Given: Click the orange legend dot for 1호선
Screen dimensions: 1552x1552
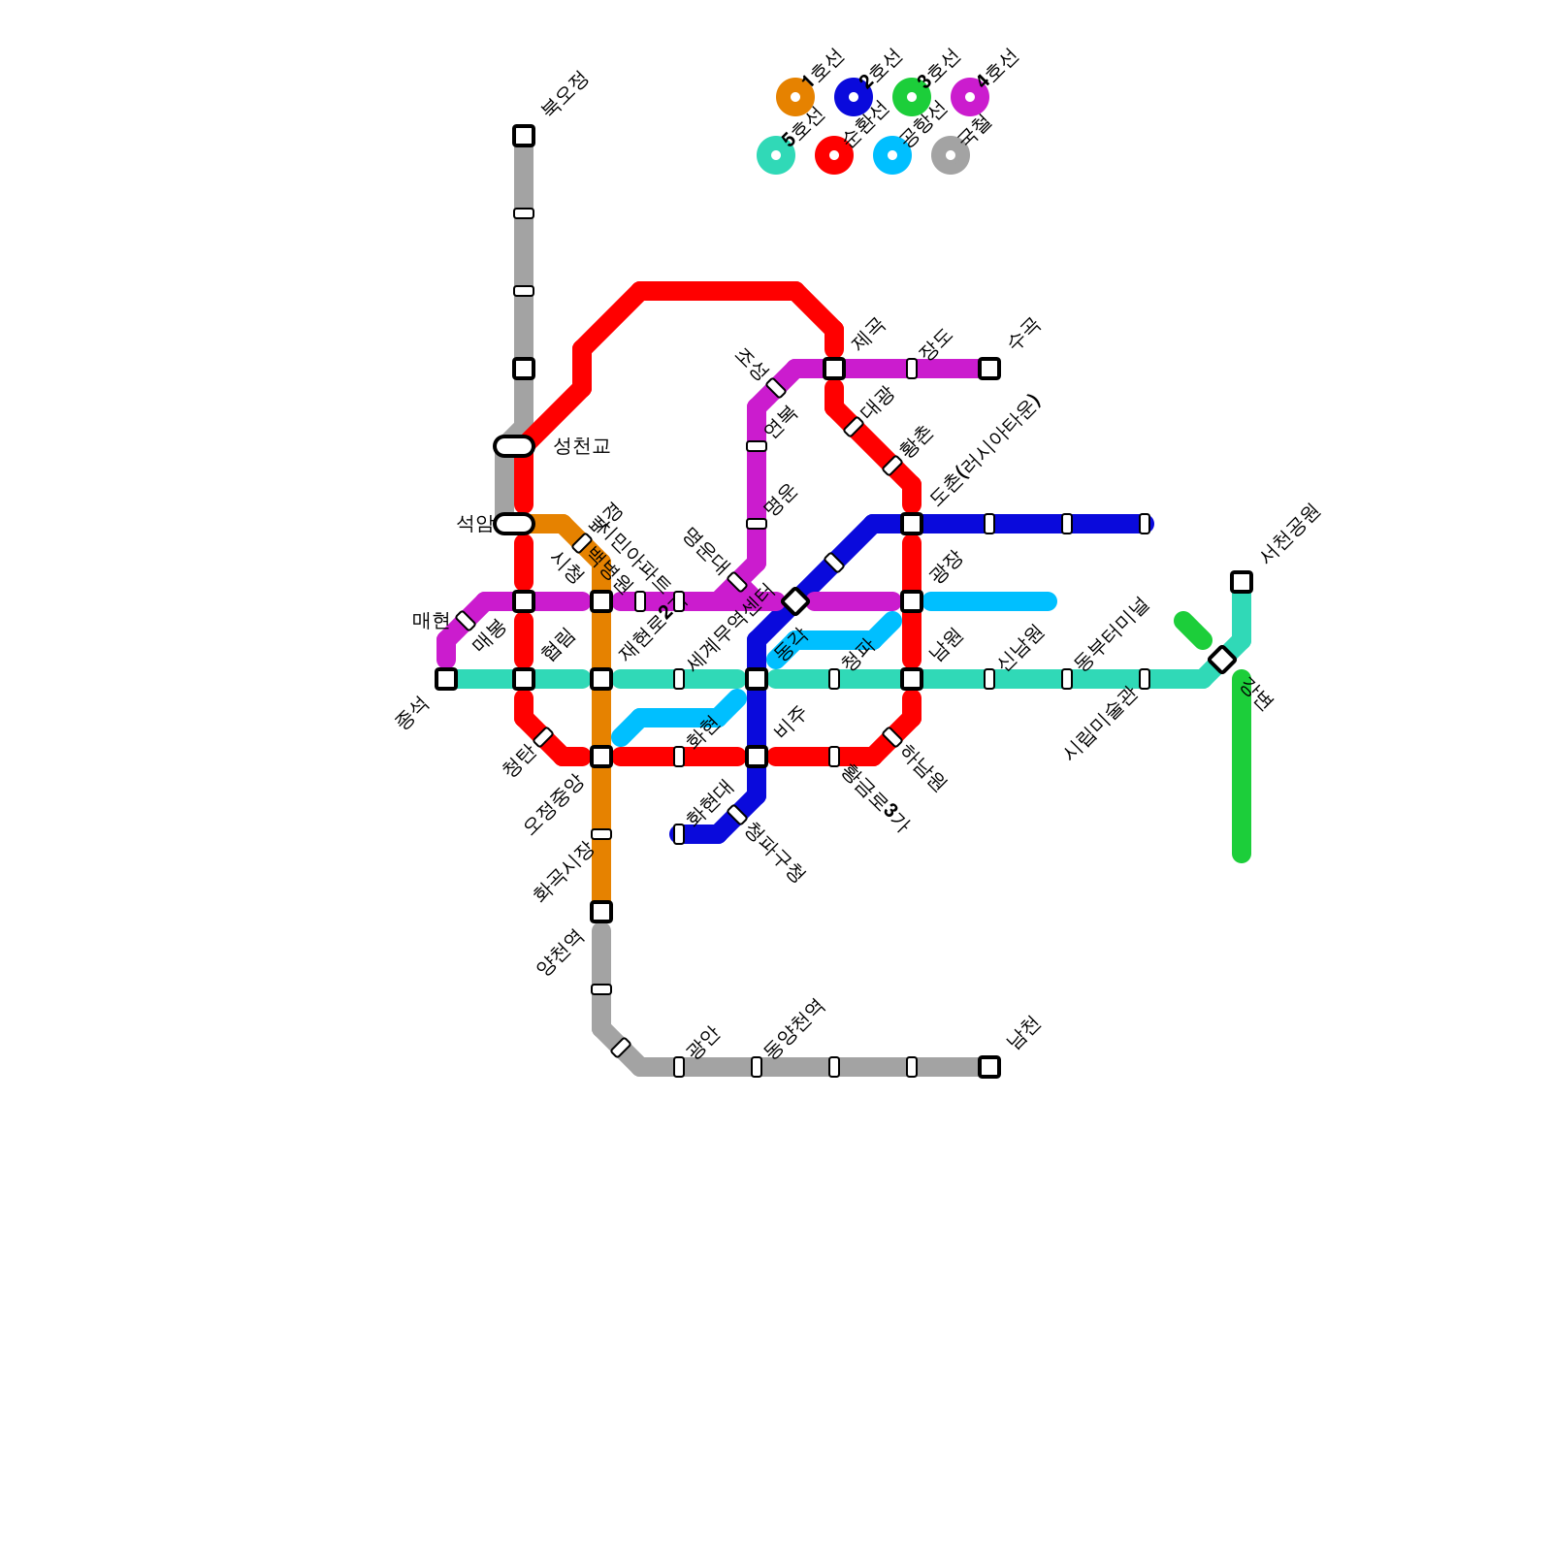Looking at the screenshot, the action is click(x=795, y=97).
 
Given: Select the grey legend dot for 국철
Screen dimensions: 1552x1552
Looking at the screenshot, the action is click(x=951, y=155).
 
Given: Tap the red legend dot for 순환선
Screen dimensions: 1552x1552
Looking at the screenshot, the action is click(x=834, y=155).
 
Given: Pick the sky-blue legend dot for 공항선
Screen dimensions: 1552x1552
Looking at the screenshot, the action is click(x=892, y=155).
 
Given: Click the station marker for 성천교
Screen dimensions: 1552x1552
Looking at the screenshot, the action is click(x=514, y=446).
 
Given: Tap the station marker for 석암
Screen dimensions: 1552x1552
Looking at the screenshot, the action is click(x=514, y=524).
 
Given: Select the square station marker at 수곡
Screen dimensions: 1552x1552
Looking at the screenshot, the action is click(x=989, y=369).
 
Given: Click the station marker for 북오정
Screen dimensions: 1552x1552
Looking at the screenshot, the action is click(x=524, y=136).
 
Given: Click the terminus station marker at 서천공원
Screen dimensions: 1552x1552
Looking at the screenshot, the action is click(x=1242, y=582).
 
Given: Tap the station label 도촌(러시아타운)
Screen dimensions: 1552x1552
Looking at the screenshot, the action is click(x=984, y=450).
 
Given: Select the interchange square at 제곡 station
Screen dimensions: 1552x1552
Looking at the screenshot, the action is click(x=834, y=369).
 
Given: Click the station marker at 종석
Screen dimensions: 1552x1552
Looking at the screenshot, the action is click(x=446, y=679).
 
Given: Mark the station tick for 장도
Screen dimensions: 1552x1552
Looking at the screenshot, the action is click(x=912, y=369).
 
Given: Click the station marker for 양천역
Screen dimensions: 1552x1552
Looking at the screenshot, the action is click(x=601, y=912).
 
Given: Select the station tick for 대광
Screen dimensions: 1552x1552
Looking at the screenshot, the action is click(x=854, y=427).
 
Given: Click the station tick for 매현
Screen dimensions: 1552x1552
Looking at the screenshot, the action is click(x=466, y=621).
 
